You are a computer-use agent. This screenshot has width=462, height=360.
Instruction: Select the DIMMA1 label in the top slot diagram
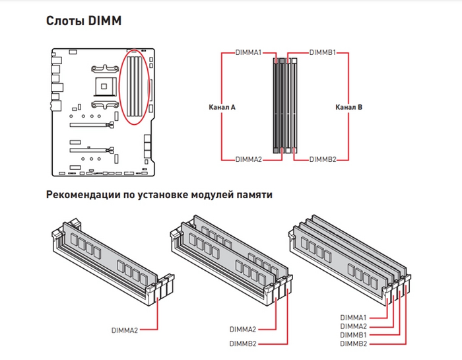tap(249, 52)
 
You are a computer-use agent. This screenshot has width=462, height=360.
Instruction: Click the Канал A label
tap(222, 106)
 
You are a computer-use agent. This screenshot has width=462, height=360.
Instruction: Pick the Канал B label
tap(348, 106)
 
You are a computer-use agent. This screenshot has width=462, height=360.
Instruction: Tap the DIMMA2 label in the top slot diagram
tap(249, 160)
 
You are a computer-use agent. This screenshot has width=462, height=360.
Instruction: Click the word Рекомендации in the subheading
tap(85, 196)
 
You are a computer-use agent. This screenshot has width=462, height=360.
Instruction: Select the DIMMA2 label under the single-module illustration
tap(124, 329)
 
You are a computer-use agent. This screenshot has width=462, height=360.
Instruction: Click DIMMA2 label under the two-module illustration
tap(242, 329)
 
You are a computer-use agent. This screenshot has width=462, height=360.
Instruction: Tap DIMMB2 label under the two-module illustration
tap(242, 343)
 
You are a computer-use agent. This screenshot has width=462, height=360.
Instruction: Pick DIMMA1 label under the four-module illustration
tap(353, 318)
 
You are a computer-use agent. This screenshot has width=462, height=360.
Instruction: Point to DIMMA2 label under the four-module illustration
tap(353, 326)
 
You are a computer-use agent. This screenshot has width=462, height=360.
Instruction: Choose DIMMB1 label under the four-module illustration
tap(353, 335)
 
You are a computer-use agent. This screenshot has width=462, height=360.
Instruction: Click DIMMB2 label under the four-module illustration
tap(353, 343)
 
